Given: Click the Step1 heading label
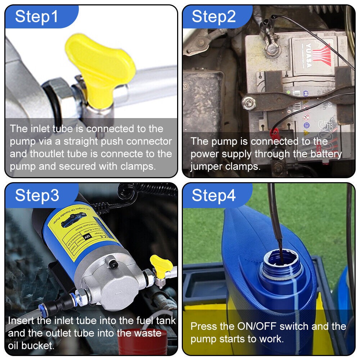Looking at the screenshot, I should tap(37, 17).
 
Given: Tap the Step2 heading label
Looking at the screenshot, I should tap(214, 17).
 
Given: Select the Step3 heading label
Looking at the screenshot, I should tap(37, 195).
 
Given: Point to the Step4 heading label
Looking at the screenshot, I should tap(214, 195).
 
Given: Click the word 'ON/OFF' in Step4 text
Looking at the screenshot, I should tap(255, 327).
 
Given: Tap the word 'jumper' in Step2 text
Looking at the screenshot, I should tap(208, 167).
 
